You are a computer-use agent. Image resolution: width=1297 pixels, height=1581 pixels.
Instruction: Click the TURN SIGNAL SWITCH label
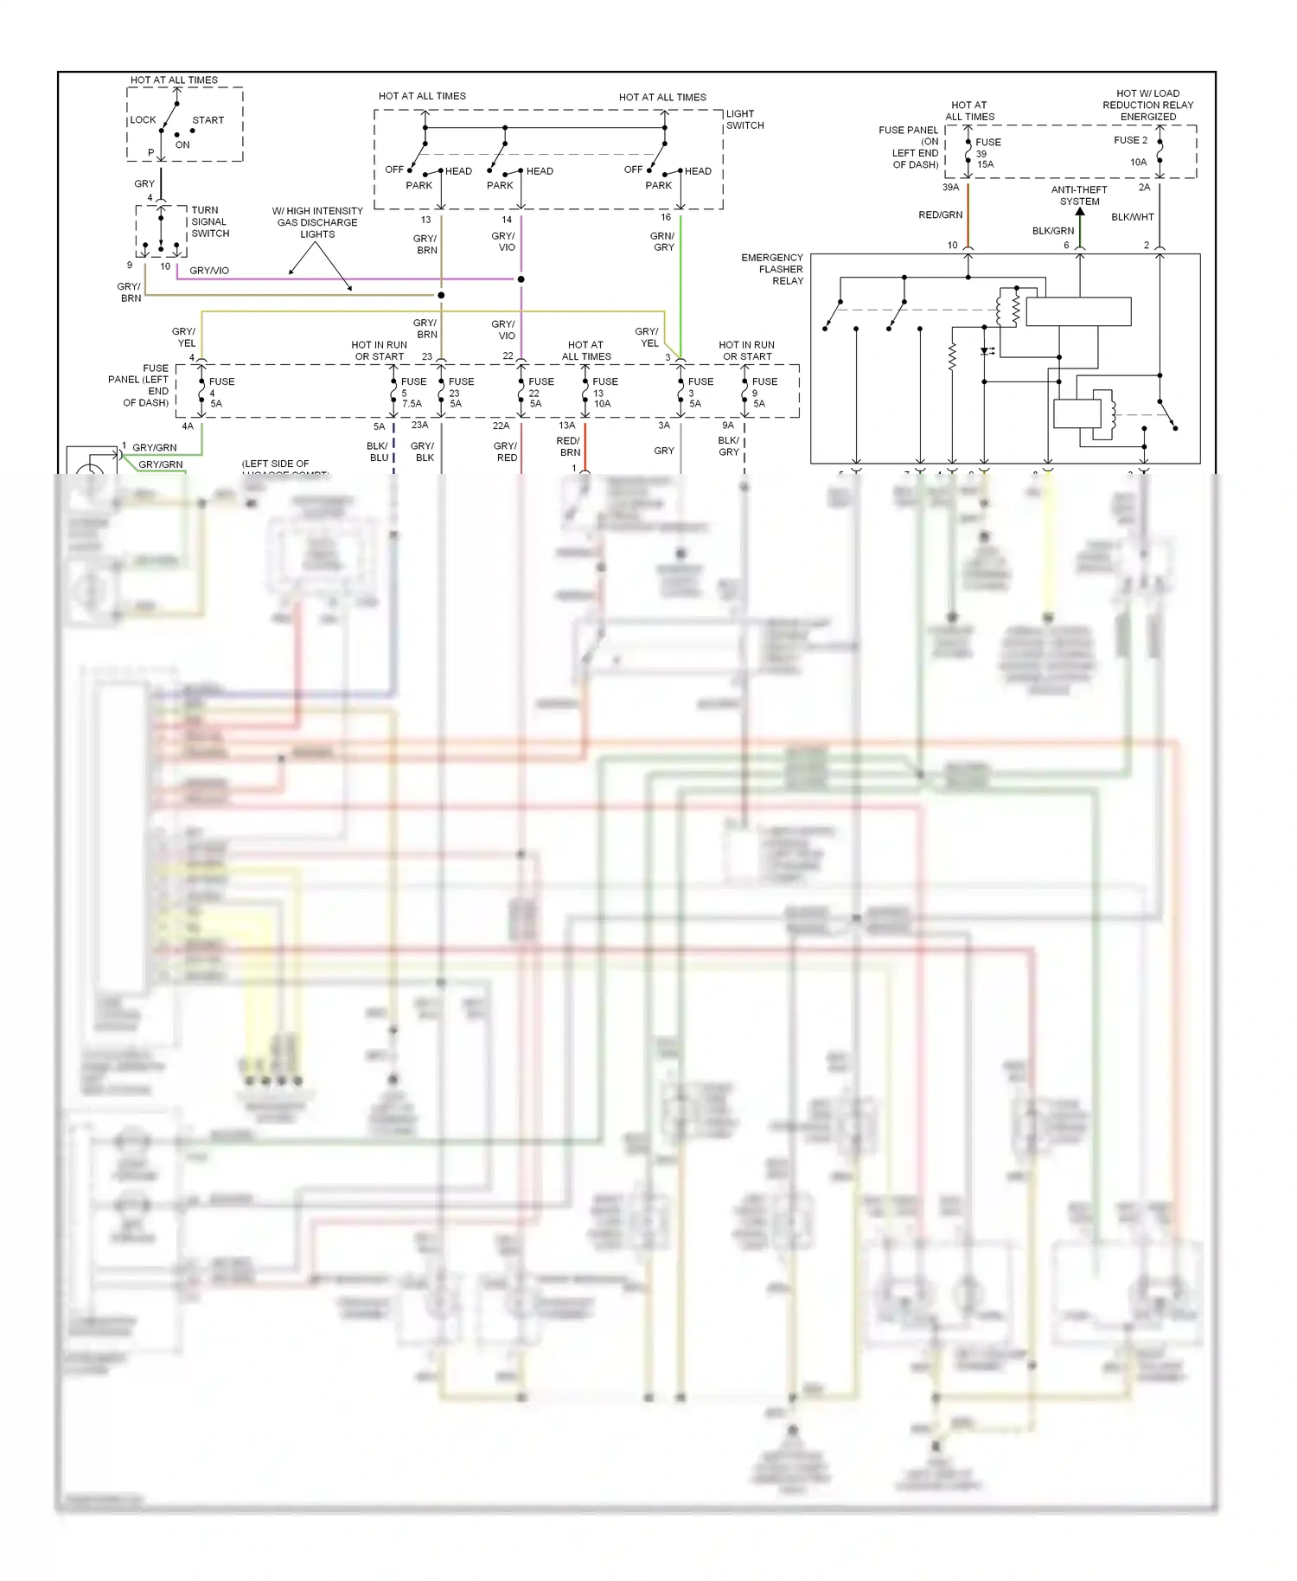click(x=209, y=221)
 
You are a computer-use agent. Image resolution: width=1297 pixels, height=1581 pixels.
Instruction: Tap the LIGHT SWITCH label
click(x=744, y=119)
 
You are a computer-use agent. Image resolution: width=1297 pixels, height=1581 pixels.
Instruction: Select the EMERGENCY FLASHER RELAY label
click(x=772, y=269)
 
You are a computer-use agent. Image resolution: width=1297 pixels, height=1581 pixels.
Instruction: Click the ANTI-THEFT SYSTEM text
click(x=1079, y=195)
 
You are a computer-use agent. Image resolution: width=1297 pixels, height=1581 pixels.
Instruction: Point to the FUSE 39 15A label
click(x=987, y=153)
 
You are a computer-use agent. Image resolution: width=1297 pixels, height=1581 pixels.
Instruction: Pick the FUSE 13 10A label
click(x=604, y=393)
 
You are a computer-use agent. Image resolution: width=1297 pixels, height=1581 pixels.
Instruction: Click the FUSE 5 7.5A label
click(x=412, y=393)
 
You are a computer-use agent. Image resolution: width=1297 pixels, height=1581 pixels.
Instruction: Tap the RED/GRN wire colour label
click(x=940, y=214)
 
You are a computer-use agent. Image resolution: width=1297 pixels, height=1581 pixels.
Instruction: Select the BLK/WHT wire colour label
click(x=1132, y=217)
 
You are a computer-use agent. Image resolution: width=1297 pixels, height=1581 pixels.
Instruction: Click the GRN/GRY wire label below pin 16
click(x=663, y=241)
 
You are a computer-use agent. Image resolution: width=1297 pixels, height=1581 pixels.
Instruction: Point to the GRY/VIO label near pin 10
click(x=209, y=271)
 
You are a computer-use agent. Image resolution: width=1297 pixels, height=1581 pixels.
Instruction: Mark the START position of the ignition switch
click(x=208, y=120)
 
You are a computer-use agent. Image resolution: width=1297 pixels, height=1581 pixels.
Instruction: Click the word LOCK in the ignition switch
click(x=144, y=120)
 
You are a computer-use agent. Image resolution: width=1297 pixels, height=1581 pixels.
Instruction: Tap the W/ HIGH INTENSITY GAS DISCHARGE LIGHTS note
click(x=317, y=222)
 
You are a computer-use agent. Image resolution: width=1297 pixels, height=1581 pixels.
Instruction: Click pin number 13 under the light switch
click(x=425, y=220)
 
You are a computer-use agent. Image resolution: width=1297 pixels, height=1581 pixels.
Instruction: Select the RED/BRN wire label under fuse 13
click(x=568, y=446)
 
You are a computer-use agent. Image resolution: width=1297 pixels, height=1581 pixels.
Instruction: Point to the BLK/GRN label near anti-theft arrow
click(x=1053, y=231)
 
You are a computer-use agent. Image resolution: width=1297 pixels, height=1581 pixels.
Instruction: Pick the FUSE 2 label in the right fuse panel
click(x=1130, y=140)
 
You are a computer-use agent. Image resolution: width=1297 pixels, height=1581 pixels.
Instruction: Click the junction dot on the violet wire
click(x=521, y=279)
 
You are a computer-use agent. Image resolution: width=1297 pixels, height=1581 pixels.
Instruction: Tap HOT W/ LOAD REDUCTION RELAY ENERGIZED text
click(x=1147, y=105)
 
